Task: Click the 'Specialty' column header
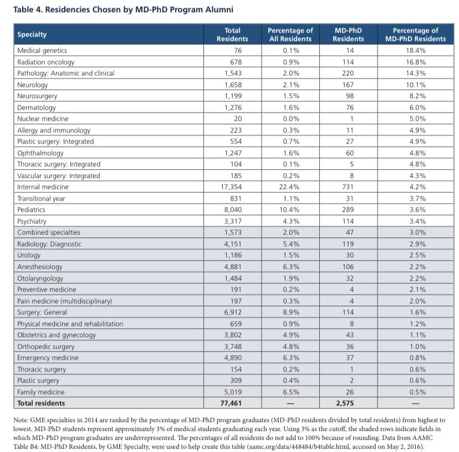32,34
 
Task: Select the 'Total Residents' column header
232,34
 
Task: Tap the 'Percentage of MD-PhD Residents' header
415,34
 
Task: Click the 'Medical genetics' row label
42,50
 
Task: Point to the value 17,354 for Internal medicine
231,187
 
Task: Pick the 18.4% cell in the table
416,50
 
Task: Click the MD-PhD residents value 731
348,187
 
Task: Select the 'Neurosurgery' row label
37,96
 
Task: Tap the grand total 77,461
231,403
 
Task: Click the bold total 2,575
345,403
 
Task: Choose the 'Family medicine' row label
40,392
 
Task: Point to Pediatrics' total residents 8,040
233,210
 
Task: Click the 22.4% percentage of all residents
289,187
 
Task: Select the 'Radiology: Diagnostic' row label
49,244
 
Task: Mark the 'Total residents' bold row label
41,403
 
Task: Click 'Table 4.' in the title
28,9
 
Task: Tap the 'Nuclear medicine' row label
43,119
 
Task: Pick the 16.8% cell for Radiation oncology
416,62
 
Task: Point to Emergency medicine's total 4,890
233,358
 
